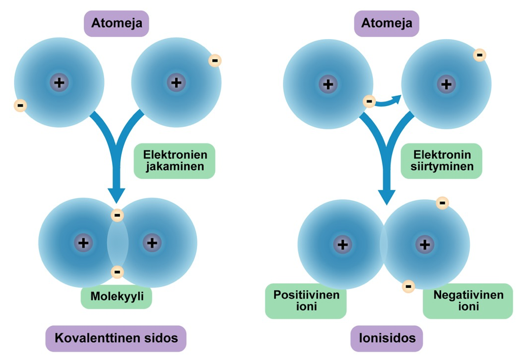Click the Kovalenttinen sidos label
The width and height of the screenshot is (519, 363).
pyautogui.click(x=116, y=338)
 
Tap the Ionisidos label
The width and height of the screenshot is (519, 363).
pyautogui.click(x=386, y=338)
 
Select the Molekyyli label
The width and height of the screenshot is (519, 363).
pyautogui.click(x=117, y=298)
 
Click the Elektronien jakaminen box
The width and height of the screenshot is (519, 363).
pyautogui.click(x=174, y=161)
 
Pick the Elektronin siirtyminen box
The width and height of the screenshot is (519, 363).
pyautogui.click(x=442, y=161)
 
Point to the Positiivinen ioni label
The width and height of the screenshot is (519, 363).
pyautogui.click(x=306, y=301)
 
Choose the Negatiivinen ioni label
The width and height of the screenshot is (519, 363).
pyautogui.click(x=468, y=301)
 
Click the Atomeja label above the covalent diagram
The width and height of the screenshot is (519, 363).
pyautogui.click(x=116, y=23)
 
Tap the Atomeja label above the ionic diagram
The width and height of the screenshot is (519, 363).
pyautogui.click(x=386, y=23)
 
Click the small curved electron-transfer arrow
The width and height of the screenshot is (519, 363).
pyautogui.click(x=390, y=101)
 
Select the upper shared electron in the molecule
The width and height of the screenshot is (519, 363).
pyautogui.click(x=117, y=215)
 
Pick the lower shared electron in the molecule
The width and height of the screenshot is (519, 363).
pyautogui.click(x=117, y=272)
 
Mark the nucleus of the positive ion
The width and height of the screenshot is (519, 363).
pyautogui.click(x=343, y=245)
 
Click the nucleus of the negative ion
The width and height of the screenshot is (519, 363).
pyautogui.click(x=425, y=245)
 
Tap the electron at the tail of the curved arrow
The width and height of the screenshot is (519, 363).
pyautogui.click(x=369, y=102)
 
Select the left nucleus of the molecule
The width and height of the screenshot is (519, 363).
pyautogui.click(x=83, y=243)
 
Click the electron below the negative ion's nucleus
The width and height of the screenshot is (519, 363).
pyautogui.click(x=408, y=286)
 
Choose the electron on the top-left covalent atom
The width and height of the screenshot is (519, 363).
pyautogui.click(x=20, y=105)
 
